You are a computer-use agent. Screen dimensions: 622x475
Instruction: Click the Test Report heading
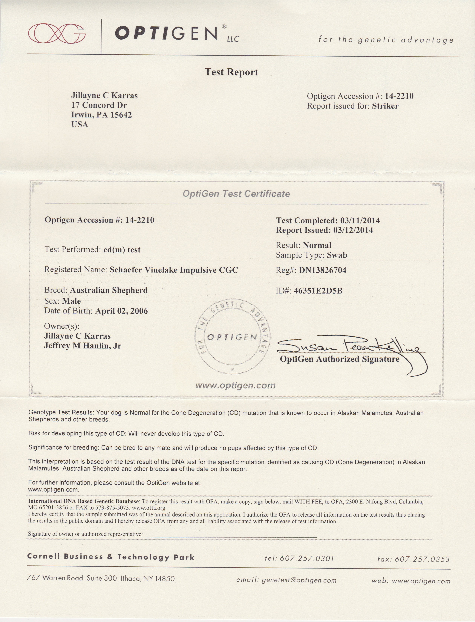(x=231, y=72)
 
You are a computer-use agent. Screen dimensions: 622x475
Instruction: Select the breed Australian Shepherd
(x=109, y=290)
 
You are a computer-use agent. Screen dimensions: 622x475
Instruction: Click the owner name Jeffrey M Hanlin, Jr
(x=83, y=345)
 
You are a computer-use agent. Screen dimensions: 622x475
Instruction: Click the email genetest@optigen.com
(x=299, y=581)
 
